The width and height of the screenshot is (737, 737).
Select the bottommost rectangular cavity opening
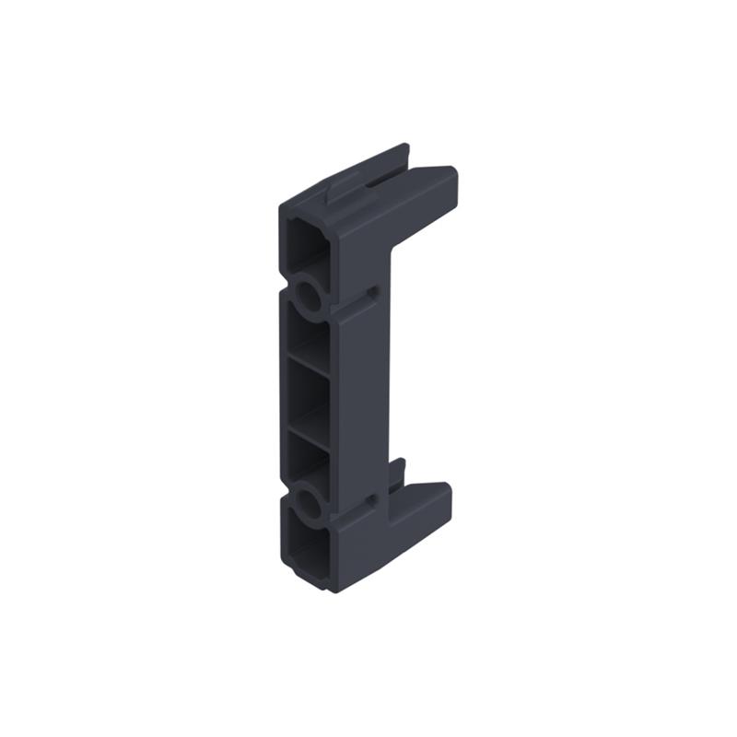pyautogui.click(x=306, y=554)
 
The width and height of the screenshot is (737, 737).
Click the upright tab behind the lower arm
pyautogui.click(x=397, y=474)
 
